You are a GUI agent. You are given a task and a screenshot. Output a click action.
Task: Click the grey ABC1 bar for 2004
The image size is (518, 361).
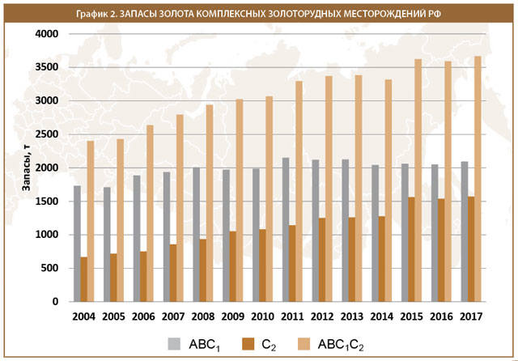pyautogui.click(x=77, y=243)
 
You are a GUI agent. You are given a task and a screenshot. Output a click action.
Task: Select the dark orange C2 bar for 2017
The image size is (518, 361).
pyautogui.click(x=470, y=248)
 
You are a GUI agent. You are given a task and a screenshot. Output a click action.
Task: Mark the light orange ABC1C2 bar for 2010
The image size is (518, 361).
pyautogui.click(x=268, y=198)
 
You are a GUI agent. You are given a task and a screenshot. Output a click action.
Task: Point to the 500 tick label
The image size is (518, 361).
pyautogui.click(x=50, y=268)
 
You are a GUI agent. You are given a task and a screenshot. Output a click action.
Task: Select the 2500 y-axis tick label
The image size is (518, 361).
pyautogui.click(x=47, y=134)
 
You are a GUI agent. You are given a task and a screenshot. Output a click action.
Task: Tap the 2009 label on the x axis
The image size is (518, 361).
pyautogui.click(x=233, y=316)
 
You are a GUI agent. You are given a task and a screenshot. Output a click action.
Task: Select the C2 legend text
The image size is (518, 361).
pyautogui.click(x=270, y=343)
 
